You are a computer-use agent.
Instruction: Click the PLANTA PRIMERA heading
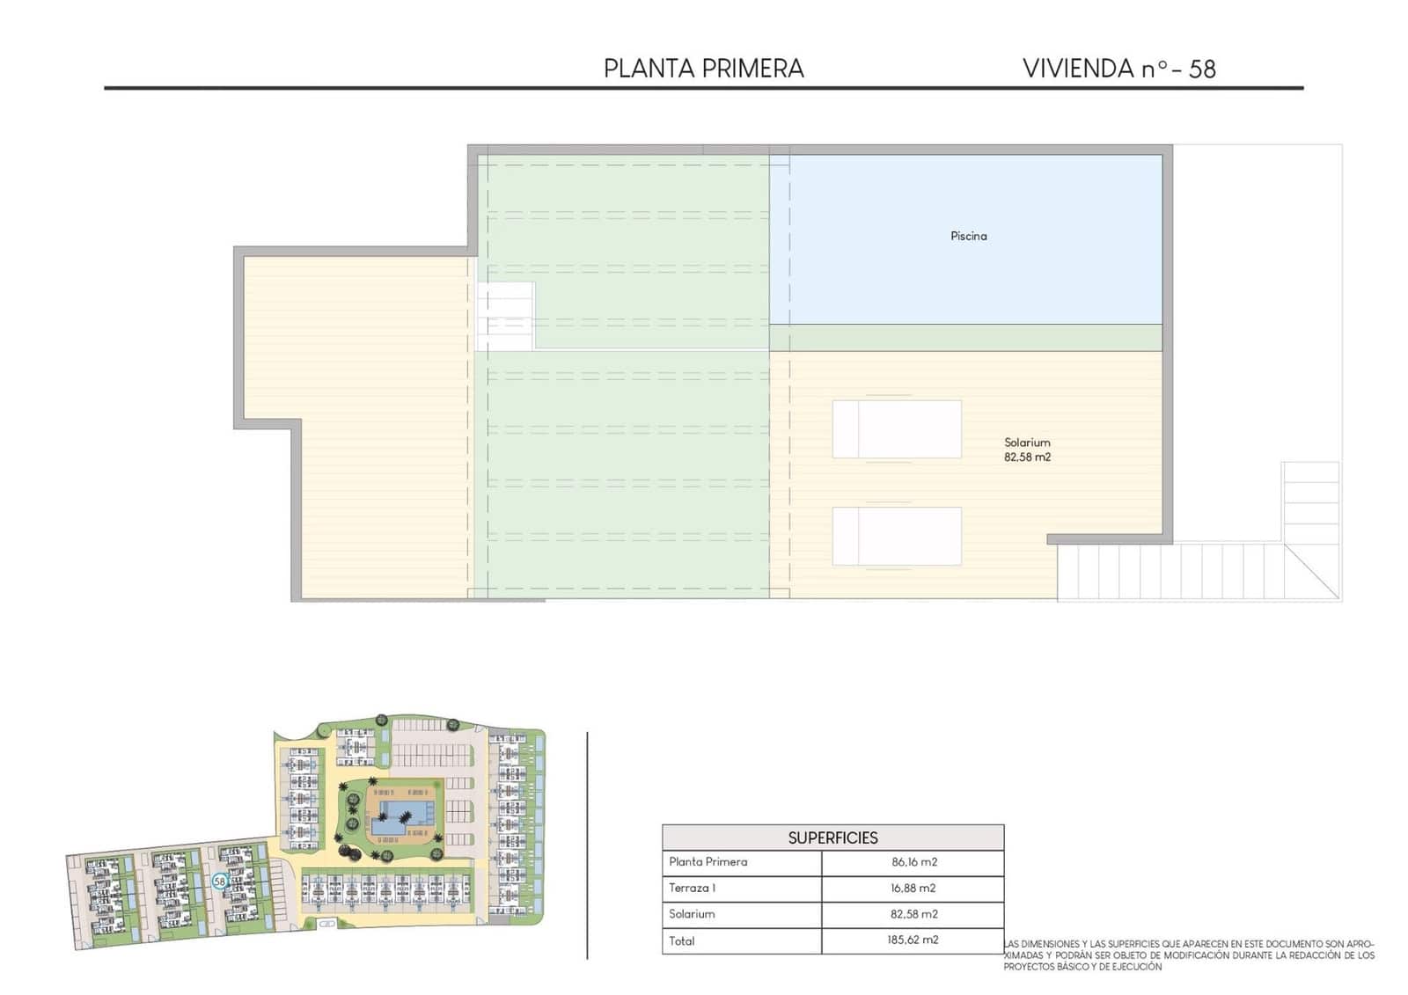pyautogui.click(x=703, y=69)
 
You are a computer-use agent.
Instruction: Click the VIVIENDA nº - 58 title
pyautogui.click(x=1118, y=69)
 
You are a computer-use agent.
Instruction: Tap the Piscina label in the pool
pyautogui.click(x=968, y=236)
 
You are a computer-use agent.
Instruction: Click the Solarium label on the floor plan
pyautogui.click(x=1027, y=443)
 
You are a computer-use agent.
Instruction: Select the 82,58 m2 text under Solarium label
pyautogui.click(x=1027, y=457)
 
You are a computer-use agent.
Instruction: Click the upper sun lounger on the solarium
pyautogui.click(x=897, y=428)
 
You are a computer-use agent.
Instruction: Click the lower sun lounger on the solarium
pyautogui.click(x=897, y=536)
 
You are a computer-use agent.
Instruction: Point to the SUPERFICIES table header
pyautogui.click(x=832, y=838)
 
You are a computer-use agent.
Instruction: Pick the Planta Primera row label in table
pyautogui.click(x=708, y=862)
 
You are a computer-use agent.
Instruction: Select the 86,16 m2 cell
pyautogui.click(x=913, y=862)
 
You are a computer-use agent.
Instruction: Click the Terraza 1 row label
pyautogui.click(x=692, y=889)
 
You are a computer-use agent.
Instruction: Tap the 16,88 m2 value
pyautogui.click(x=913, y=889)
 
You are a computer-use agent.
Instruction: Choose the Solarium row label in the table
pyautogui.click(x=692, y=914)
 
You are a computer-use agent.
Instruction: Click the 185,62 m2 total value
pyautogui.click(x=913, y=940)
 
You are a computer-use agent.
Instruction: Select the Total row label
pyautogui.click(x=682, y=940)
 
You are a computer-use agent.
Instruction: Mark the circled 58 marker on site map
pyautogui.click(x=220, y=880)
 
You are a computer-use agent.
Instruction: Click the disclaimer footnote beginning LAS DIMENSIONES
pyautogui.click(x=1188, y=955)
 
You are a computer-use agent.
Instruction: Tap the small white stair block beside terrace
pyautogui.click(x=505, y=316)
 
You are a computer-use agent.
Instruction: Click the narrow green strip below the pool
pyautogui.click(x=965, y=338)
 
